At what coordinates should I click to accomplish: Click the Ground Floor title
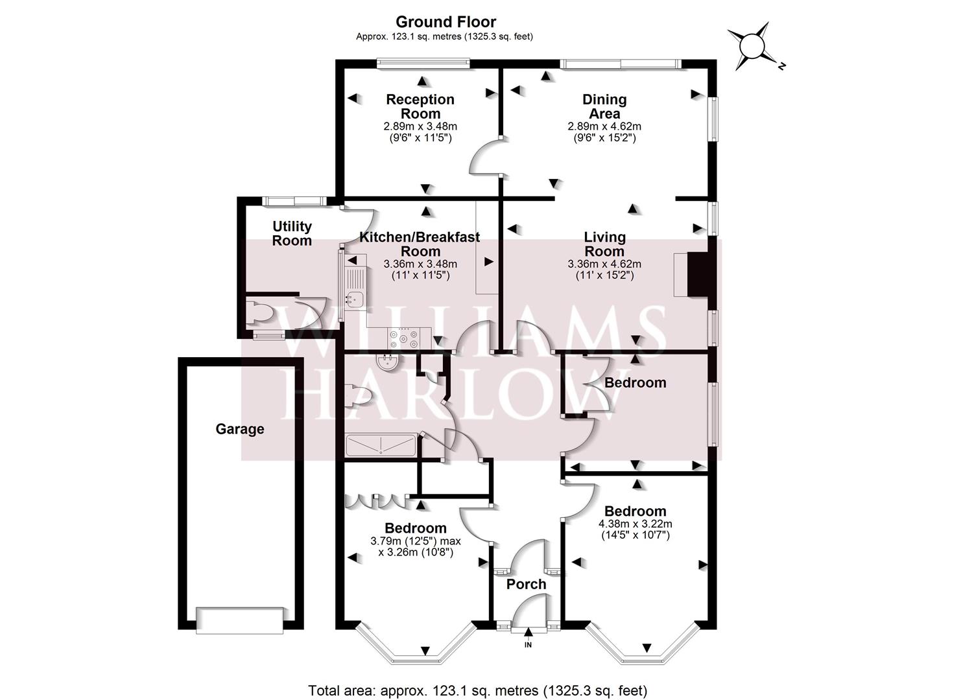pos(446,21)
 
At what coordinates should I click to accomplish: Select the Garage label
pos(240,429)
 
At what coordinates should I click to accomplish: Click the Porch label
pos(526,584)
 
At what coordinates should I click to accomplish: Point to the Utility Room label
pos(292,233)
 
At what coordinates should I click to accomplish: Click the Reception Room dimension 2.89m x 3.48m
pos(420,126)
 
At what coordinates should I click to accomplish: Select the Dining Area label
pos(604,106)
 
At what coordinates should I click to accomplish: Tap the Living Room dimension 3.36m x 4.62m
pos(604,264)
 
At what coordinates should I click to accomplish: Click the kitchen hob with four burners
pos(403,338)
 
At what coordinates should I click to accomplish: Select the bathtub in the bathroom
pos(381,445)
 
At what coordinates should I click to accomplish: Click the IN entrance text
pos(528,644)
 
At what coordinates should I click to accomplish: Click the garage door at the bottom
pos(240,620)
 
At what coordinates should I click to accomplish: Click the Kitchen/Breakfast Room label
pos(420,244)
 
